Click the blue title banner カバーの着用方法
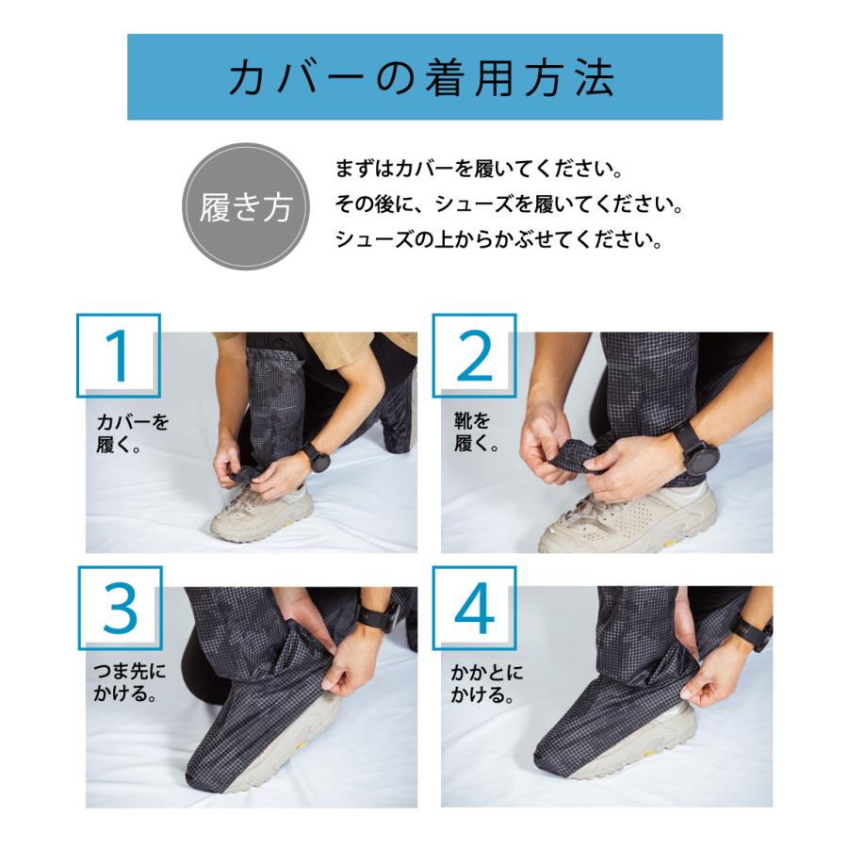pyautogui.click(x=425, y=77)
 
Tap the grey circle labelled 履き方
pyautogui.click(x=247, y=206)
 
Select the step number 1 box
pyautogui.click(x=119, y=355)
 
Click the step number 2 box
pyautogui.click(x=474, y=355)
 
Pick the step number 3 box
pyautogui.click(x=120, y=608)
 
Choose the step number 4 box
pyautogui.click(x=474, y=608)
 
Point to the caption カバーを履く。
pyautogui.click(x=133, y=433)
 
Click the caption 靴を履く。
pyautogui.click(x=476, y=432)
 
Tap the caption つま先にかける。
pyautogui.click(x=129, y=682)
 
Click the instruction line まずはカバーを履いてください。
pyautogui.click(x=480, y=170)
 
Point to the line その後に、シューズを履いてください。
pyautogui.click(x=509, y=204)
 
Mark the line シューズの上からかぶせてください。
pyautogui.click(x=498, y=239)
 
